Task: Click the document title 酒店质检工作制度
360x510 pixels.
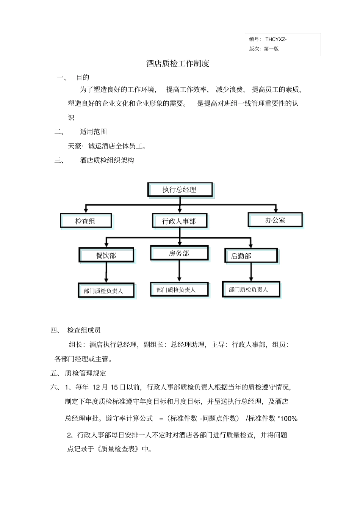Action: [x=178, y=64]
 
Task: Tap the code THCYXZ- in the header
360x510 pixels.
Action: [x=276, y=39]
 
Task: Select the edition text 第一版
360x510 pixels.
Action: [x=271, y=49]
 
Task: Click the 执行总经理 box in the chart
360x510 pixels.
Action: [x=180, y=190]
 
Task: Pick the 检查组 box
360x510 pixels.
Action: [x=86, y=221]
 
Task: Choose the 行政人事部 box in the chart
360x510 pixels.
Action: [x=179, y=221]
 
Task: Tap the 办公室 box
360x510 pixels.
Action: [x=275, y=220]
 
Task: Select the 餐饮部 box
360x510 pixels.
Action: [x=106, y=255]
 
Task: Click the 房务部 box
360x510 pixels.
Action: [x=179, y=253]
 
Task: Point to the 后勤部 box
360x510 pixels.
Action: [x=251, y=256]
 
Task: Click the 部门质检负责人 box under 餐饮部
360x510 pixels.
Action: [x=106, y=291]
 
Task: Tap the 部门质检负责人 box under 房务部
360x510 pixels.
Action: [x=179, y=290]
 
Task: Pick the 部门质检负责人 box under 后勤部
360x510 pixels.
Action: [x=251, y=290]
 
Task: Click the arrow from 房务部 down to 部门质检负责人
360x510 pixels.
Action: [x=179, y=271]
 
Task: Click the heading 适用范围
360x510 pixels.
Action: [x=93, y=132]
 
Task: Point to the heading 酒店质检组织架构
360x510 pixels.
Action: [x=107, y=160]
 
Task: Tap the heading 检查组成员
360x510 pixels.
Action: [x=84, y=330]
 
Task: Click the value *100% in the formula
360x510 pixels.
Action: [x=288, y=419]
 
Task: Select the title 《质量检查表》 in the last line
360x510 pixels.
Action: [x=118, y=449]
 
